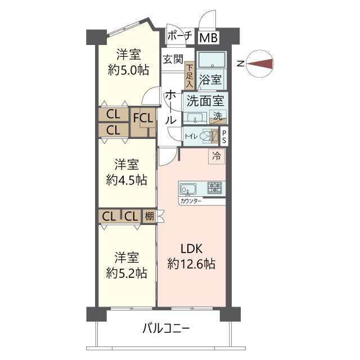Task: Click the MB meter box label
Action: coord(209,38)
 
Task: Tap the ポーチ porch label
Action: coord(180,36)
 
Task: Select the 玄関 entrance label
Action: coord(173,59)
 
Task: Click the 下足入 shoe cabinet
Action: coord(190,75)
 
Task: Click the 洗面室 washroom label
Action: coord(205,101)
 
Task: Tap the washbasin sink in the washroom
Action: coord(195,118)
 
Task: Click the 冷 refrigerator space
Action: coord(217,156)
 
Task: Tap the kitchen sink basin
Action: coord(188,189)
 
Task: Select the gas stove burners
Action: coord(215,187)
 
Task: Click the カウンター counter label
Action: coord(191,201)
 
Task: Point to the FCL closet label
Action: coord(143,119)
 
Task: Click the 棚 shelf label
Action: coord(149,216)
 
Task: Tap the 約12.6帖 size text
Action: coord(191,264)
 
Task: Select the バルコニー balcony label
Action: coord(166,328)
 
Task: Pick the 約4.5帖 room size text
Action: coord(127,180)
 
